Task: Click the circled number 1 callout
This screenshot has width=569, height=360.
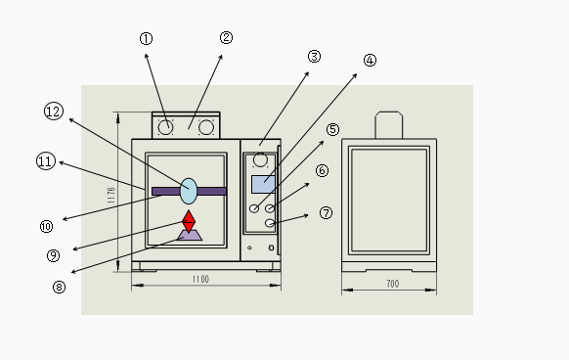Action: (147, 38)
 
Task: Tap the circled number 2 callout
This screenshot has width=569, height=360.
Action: (226, 37)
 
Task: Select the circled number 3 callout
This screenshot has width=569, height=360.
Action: (314, 57)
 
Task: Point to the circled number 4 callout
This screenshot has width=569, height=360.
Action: (370, 61)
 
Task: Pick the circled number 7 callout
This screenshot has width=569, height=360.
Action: (326, 212)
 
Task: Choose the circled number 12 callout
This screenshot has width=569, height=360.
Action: (54, 112)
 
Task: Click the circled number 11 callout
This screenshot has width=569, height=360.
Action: (46, 161)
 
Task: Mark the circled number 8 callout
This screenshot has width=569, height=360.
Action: (59, 287)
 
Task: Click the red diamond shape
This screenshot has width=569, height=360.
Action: (189, 221)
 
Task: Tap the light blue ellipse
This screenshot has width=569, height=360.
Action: (189, 191)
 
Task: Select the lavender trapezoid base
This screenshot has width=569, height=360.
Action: (190, 235)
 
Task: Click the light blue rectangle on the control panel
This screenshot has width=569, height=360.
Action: (263, 184)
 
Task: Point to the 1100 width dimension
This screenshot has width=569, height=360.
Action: (200, 279)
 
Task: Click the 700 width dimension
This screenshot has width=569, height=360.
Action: (393, 284)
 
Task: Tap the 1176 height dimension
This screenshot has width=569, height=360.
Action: (111, 195)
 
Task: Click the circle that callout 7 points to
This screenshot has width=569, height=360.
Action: (270, 223)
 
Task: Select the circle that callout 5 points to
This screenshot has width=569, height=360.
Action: (254, 208)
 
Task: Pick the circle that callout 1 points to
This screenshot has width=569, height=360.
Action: (165, 127)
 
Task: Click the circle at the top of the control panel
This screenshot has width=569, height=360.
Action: (260, 159)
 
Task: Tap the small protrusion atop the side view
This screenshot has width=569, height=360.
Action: (389, 125)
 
